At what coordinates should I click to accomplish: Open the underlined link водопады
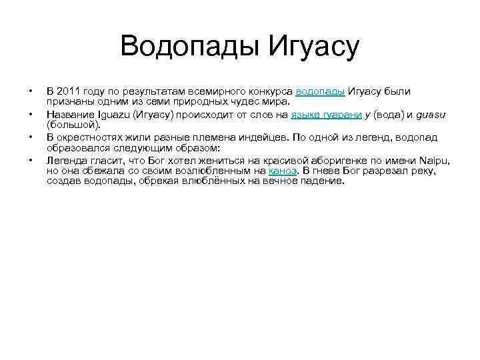(x=320, y=91)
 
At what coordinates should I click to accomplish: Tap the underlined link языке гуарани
(x=326, y=115)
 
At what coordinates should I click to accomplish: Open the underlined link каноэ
(x=283, y=171)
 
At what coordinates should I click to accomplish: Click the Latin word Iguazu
(x=114, y=115)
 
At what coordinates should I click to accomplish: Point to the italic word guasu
(x=431, y=115)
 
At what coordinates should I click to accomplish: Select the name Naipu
(x=435, y=161)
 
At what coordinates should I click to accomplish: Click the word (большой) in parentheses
(x=73, y=125)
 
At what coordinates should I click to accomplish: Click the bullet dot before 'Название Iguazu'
(x=30, y=114)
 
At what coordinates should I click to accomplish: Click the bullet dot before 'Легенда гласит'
(x=30, y=160)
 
